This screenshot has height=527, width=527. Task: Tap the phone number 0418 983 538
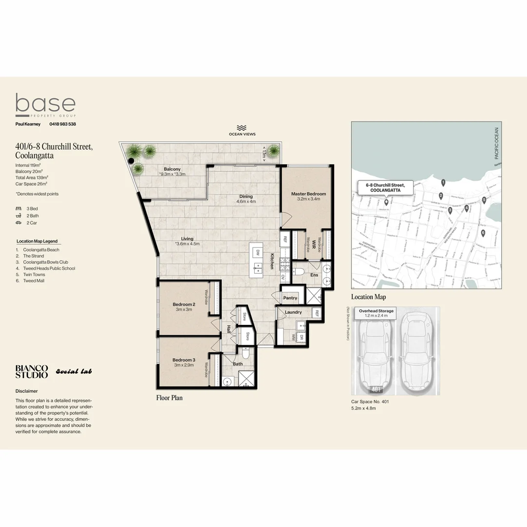pyautogui.click(x=62, y=124)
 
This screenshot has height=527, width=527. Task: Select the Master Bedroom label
pyautogui.click(x=308, y=194)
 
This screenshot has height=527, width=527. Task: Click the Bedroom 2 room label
pyautogui.click(x=184, y=304)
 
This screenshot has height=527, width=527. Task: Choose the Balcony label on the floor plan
pyautogui.click(x=172, y=169)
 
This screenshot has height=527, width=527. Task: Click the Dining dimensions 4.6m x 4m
pyautogui.click(x=246, y=202)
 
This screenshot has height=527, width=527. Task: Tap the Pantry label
pyautogui.click(x=290, y=298)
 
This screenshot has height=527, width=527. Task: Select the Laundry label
pyautogui.click(x=293, y=312)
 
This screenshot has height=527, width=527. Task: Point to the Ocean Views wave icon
pyautogui.click(x=242, y=127)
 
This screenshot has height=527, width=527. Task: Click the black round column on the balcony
pyautogui.click(x=131, y=161)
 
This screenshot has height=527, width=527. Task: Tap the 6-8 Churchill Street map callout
pyautogui.click(x=385, y=187)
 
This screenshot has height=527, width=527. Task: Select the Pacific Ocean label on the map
pyautogui.click(x=496, y=143)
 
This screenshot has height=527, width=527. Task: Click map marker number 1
pyautogui.click(x=443, y=182)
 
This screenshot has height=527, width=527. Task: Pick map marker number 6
pyautogui.click(x=483, y=233)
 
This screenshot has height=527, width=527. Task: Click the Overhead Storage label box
pyautogui.click(x=376, y=313)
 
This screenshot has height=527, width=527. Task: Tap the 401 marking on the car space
pyautogui.click(x=376, y=389)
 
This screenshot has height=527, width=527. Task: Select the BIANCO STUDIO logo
pyautogui.click(x=32, y=371)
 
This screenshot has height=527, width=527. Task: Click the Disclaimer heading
pyautogui.click(x=26, y=391)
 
